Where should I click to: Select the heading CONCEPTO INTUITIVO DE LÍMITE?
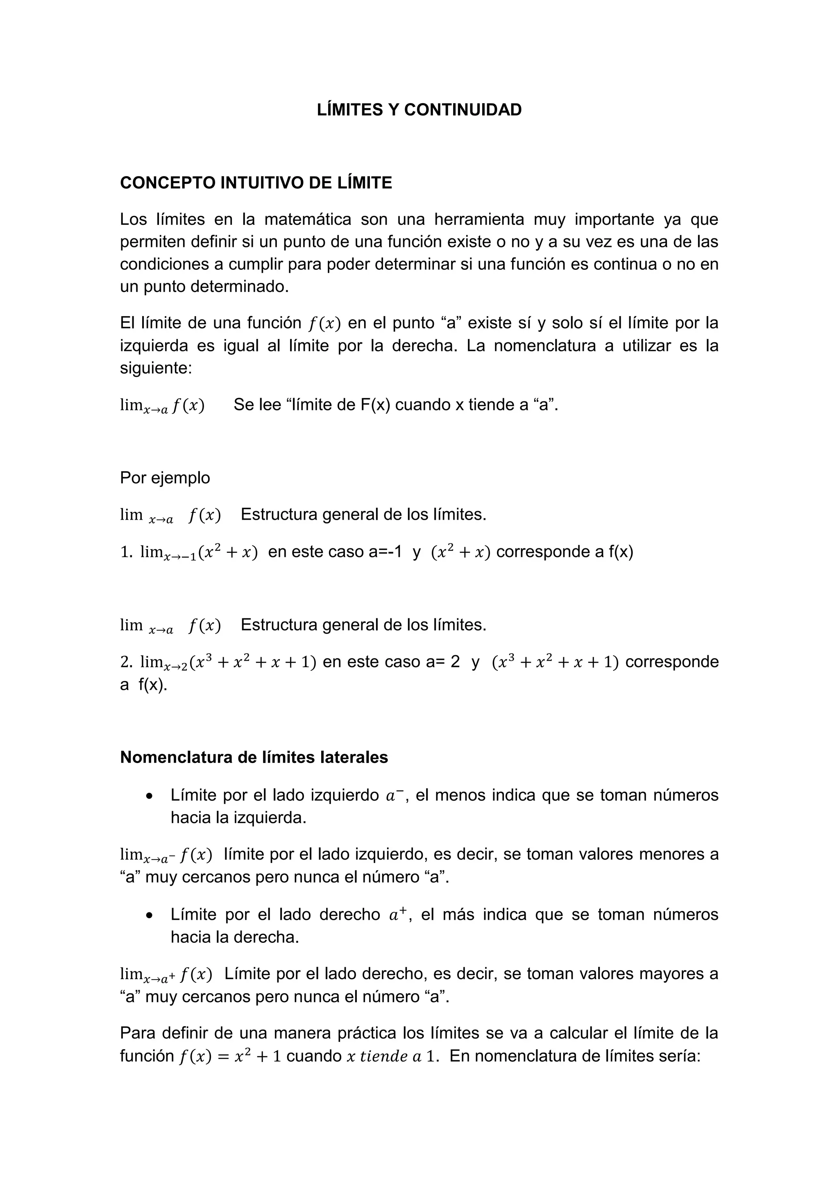point(256,183)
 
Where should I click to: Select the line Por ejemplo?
point(165,478)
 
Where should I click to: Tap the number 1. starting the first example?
point(127,552)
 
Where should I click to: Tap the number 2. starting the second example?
point(127,662)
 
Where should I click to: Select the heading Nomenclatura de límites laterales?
point(254,757)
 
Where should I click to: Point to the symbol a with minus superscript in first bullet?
point(395,795)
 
